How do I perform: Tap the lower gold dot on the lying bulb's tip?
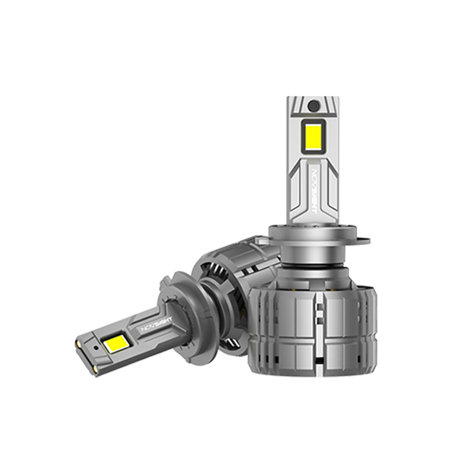95,367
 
